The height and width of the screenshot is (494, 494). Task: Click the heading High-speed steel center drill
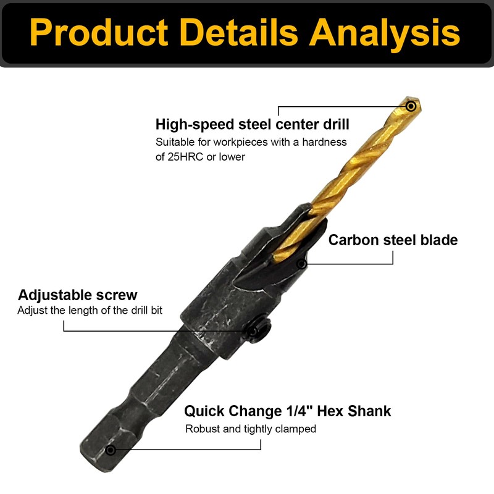coord(252,124)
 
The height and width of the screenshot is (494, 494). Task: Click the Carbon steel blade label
coord(393,240)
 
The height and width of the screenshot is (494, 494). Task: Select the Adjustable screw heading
coord(78,295)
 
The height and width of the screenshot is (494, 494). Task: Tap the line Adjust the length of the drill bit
coord(90,310)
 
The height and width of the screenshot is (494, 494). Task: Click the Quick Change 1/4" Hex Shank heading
coord(288,411)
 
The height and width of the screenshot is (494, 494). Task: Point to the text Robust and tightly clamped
coord(251,429)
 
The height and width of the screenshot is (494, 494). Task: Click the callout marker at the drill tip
coord(411,106)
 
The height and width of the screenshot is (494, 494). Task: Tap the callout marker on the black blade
coord(301,264)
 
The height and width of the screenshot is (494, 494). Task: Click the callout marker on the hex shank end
coord(111,450)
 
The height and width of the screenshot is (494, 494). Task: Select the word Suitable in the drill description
coord(175,142)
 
